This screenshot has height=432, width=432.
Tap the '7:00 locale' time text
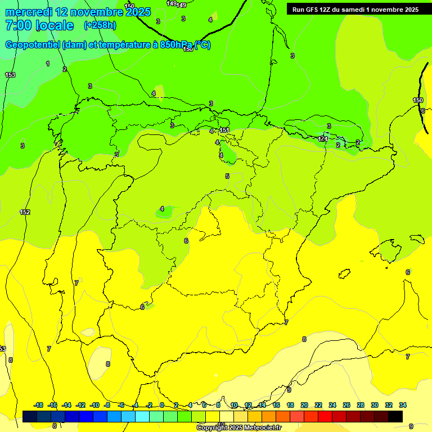(x=39, y=25)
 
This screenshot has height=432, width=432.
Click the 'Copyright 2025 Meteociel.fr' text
(x=238, y=428)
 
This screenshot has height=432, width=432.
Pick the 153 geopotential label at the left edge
(x=10, y=75)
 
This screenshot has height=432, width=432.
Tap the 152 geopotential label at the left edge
(x=25, y=212)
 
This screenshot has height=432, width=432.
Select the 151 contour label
(x=224, y=130)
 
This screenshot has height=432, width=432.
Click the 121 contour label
(x=323, y=138)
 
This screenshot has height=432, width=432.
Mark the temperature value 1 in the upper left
(x=48, y=64)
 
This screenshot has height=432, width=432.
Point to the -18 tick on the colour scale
(x=38, y=405)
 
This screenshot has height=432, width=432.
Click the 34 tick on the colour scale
(x=403, y=405)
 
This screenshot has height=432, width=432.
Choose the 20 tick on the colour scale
(x=304, y=405)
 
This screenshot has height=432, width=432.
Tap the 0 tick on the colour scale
(x=161, y=405)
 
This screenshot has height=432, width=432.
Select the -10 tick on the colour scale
(x=94, y=405)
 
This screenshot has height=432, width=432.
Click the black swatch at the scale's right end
(x=395, y=416)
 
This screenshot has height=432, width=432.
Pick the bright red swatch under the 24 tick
(x=325, y=416)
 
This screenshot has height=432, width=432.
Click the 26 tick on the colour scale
(x=346, y=405)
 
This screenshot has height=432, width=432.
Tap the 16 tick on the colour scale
(x=276, y=405)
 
